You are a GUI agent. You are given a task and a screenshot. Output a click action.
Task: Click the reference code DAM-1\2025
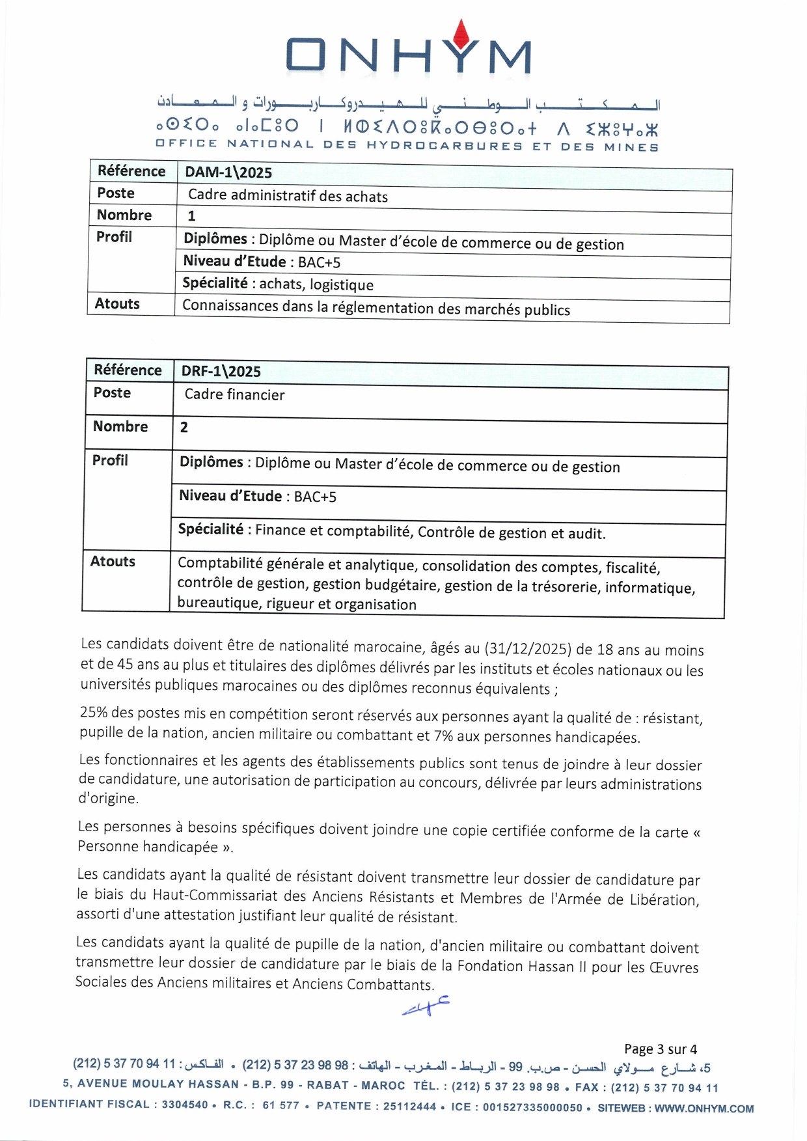click(228, 172)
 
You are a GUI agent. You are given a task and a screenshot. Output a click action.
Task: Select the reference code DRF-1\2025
click(221, 371)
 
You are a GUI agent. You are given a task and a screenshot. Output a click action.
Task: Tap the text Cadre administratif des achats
click(288, 196)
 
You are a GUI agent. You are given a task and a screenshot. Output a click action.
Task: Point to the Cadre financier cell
click(234, 394)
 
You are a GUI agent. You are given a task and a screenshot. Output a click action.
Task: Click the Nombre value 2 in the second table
click(184, 428)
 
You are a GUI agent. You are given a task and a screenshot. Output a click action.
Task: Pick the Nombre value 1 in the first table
click(191, 216)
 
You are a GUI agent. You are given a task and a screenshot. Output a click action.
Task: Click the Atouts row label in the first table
click(117, 304)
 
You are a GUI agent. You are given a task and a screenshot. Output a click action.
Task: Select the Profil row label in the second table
click(110, 460)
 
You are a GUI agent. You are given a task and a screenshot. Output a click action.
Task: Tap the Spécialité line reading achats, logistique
click(278, 284)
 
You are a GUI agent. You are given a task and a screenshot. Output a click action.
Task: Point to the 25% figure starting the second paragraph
click(92, 712)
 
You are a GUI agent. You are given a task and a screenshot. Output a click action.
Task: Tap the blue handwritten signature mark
click(426, 1006)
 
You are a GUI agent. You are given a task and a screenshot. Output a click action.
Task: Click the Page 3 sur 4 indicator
click(660, 1049)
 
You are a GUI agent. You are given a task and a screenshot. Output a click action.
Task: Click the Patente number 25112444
click(409, 1107)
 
